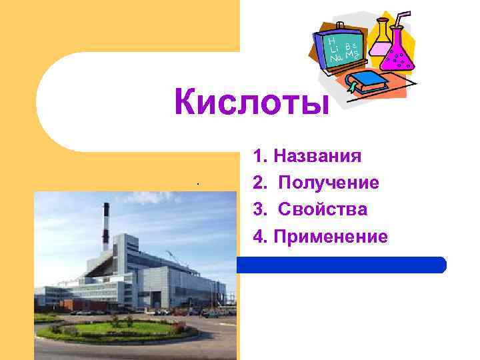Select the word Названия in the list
317,157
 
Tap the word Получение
329,183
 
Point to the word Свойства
323,209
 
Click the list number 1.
259,157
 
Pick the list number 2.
259,183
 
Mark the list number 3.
259,209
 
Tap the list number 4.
259,236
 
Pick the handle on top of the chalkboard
340,25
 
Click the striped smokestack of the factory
105,227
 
